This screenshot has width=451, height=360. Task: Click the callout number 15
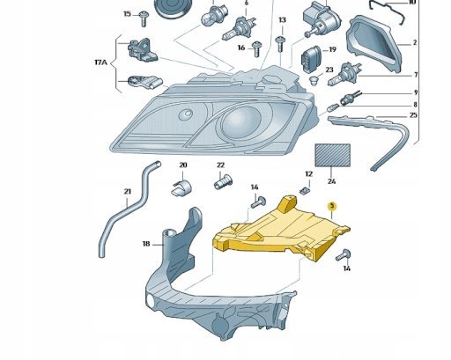pos(127,14)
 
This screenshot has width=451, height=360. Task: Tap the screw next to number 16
pos(257,48)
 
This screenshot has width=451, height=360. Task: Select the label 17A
pos(100,62)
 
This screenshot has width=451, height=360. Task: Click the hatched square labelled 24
pos(332,155)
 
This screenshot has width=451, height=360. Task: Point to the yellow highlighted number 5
pos(332,206)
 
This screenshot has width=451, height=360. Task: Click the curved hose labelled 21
pos(129,209)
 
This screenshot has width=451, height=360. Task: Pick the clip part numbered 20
pos(181,187)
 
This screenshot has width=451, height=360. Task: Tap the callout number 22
pos(220,165)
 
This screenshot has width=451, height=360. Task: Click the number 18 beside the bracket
pos(146,244)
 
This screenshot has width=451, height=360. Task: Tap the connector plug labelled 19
pos(311,57)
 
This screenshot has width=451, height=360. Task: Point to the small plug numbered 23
pos(314,80)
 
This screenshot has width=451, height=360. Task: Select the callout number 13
pos(282,20)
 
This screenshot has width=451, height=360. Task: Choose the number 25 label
pos(413,115)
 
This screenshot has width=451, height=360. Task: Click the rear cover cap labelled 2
pos(374,44)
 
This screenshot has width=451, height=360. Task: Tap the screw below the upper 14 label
pos(258,202)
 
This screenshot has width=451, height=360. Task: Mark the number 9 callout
pos(416,92)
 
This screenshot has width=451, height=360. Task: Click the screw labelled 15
pos(144,18)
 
